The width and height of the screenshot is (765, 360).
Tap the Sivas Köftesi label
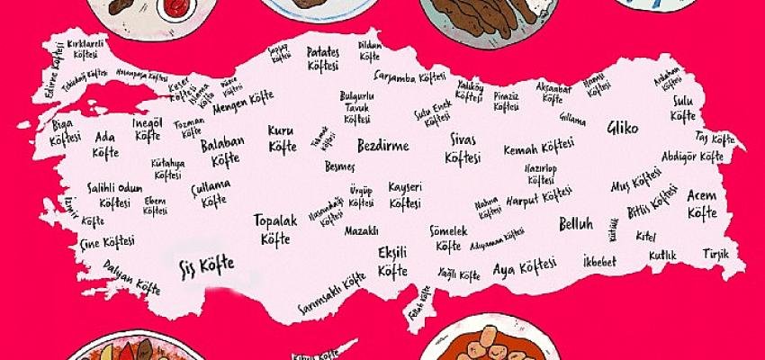pyautogui.click(x=465, y=149)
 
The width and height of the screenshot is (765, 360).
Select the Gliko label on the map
pyautogui.click(x=622, y=127)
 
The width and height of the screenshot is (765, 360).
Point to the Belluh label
pyautogui.click(x=576, y=222)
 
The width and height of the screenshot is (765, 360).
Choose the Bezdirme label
pyautogui.click(x=382, y=146)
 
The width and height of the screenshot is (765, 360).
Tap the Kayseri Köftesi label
pyautogui.click(x=405, y=193)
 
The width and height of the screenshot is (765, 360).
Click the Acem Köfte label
pyautogui.click(x=702, y=204)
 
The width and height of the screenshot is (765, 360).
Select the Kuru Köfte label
pyautogui.click(x=281, y=138)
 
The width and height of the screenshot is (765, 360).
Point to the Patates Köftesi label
pyautogui.click(x=323, y=58)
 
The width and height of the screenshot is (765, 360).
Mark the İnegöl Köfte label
pyautogui.click(x=147, y=130)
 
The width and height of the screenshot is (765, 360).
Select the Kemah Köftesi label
pyautogui.click(x=538, y=148)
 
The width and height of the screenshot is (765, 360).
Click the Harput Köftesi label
pyautogui.click(x=538, y=198)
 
